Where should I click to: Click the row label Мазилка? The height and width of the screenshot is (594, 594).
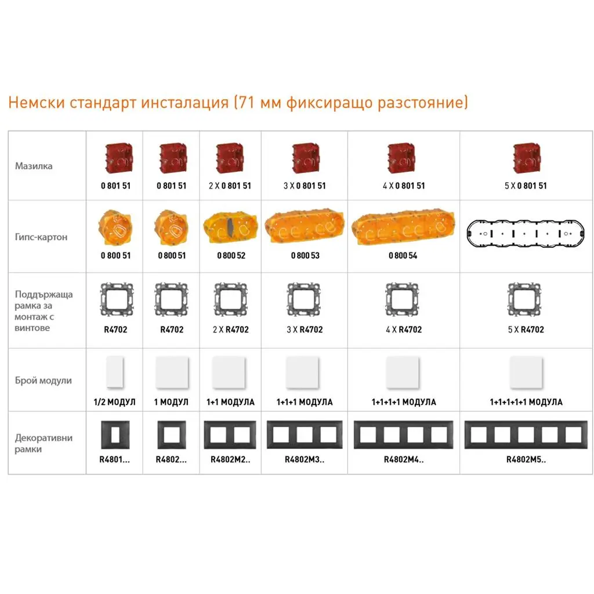click(34, 166)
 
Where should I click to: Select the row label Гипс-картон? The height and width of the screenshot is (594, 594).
click(41, 237)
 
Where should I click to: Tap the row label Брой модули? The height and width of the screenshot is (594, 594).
click(43, 381)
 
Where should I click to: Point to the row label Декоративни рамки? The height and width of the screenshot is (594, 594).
click(44, 443)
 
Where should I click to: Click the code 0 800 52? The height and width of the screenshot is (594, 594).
click(231, 256)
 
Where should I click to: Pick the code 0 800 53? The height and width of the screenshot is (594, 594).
click(305, 256)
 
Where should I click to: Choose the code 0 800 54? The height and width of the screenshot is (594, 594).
click(403, 256)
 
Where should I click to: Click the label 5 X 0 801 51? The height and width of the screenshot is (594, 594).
click(526, 186)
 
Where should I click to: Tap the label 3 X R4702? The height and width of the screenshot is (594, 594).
click(305, 329)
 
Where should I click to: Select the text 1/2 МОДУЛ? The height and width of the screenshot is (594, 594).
click(114, 402)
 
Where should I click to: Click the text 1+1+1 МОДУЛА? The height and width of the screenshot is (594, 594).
click(305, 402)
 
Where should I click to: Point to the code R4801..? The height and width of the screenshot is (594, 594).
click(114, 459)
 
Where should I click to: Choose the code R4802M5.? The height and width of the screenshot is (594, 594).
click(526, 459)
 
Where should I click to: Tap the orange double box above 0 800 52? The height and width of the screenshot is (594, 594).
click(231, 229)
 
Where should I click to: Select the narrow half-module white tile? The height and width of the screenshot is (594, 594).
click(115, 372)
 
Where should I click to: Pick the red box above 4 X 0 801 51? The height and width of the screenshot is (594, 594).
click(401, 158)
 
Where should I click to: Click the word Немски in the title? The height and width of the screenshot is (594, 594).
click(37, 102)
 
